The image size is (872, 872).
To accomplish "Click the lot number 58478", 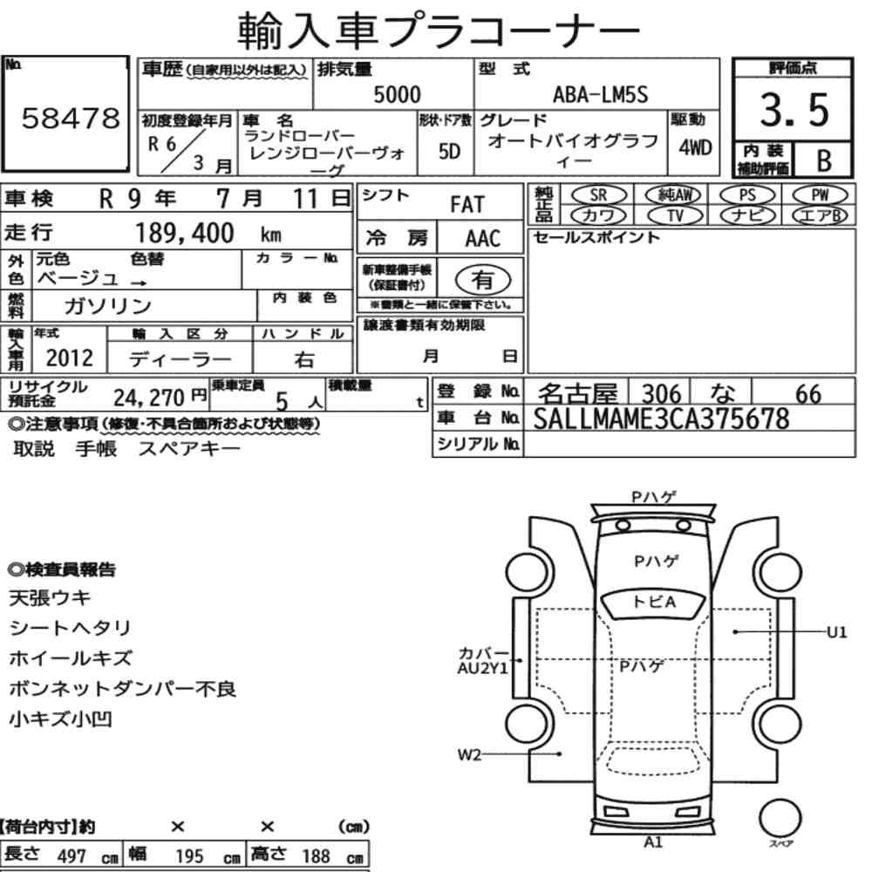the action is pyautogui.click(x=71, y=118).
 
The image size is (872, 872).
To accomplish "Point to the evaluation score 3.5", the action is pyautogui.click(x=794, y=110).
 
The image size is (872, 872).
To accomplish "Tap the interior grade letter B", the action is pyautogui.click(x=824, y=160).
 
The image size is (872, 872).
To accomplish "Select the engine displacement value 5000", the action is pyautogui.click(x=397, y=94).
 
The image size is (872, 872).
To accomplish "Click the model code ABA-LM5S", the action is pyautogui.click(x=600, y=94).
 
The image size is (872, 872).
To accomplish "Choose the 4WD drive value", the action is pyautogui.click(x=695, y=147).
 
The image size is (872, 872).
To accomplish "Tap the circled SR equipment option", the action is pyautogui.click(x=598, y=195).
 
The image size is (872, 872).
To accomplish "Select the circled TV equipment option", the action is pyautogui.click(x=675, y=215).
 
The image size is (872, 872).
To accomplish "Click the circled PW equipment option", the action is pyautogui.click(x=820, y=195).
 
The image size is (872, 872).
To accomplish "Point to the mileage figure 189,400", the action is pyautogui.click(x=185, y=233).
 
